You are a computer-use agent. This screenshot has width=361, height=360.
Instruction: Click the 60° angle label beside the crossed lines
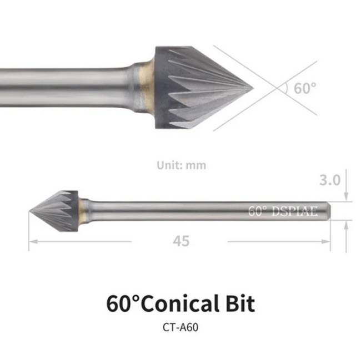click(305, 88)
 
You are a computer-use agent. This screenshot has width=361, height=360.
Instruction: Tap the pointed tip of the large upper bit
click(253, 88)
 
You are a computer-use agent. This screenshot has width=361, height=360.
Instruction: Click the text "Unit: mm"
click(182, 165)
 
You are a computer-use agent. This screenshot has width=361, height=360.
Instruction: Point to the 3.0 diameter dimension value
click(330, 180)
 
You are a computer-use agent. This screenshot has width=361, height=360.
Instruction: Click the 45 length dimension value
click(182, 241)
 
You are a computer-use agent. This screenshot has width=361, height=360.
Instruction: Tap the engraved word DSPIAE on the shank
click(294, 211)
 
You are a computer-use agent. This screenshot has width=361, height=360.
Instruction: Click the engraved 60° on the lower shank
click(258, 211)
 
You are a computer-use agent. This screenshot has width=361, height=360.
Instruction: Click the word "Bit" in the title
click(240, 303)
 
